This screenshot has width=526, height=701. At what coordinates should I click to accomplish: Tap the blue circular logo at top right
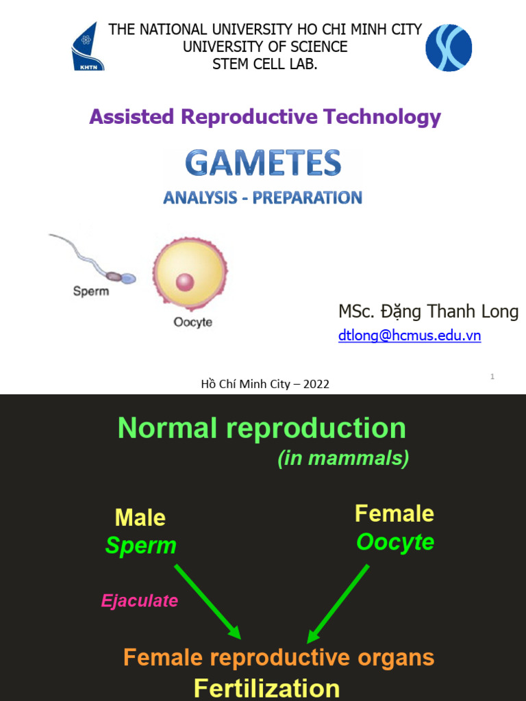(x=449, y=47)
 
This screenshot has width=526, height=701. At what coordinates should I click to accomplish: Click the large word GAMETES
(x=263, y=164)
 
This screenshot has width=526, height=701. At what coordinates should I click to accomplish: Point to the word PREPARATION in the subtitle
(x=308, y=198)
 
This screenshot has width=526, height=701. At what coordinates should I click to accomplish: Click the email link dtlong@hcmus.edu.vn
(x=409, y=336)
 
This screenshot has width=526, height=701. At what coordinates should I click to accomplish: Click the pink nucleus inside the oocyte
(x=185, y=281)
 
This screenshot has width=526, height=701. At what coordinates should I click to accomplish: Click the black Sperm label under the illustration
(x=90, y=292)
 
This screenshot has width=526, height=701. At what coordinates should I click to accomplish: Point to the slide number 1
(x=492, y=377)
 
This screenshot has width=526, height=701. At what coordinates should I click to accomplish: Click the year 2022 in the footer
(x=316, y=384)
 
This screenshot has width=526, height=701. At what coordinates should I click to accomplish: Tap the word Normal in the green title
(x=167, y=429)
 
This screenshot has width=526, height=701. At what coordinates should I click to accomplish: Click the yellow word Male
(x=140, y=518)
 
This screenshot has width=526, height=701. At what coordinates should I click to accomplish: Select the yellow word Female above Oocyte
(x=394, y=513)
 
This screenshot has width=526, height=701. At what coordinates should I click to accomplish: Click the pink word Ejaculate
(x=140, y=601)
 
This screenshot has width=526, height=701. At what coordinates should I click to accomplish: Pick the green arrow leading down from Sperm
(x=208, y=601)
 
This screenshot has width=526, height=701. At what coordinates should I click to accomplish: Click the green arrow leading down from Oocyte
(x=339, y=602)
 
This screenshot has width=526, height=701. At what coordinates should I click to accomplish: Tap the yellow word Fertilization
(x=266, y=687)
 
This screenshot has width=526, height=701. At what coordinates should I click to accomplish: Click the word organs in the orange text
(x=390, y=658)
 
